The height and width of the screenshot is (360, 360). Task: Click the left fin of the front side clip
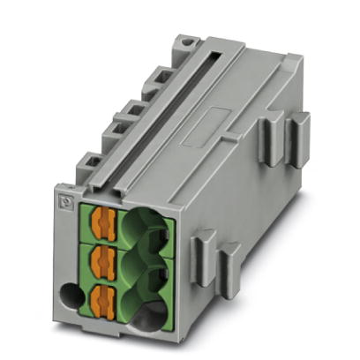click(x=200, y=251)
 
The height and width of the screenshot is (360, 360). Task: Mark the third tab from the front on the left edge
click(x=132, y=106)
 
